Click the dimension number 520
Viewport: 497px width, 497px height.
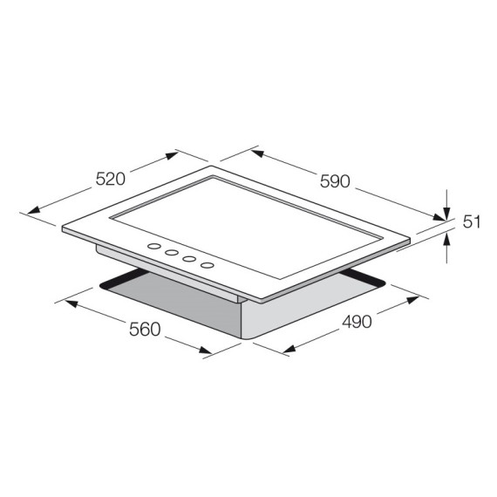pyautogui.click(x=111, y=180)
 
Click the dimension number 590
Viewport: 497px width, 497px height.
pyautogui.click(x=334, y=181)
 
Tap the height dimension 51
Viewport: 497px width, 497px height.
pyautogui.click(x=471, y=221)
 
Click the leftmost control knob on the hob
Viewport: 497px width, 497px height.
pyautogui.click(x=154, y=247)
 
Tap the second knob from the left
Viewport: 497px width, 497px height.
pyautogui.click(x=172, y=252)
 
